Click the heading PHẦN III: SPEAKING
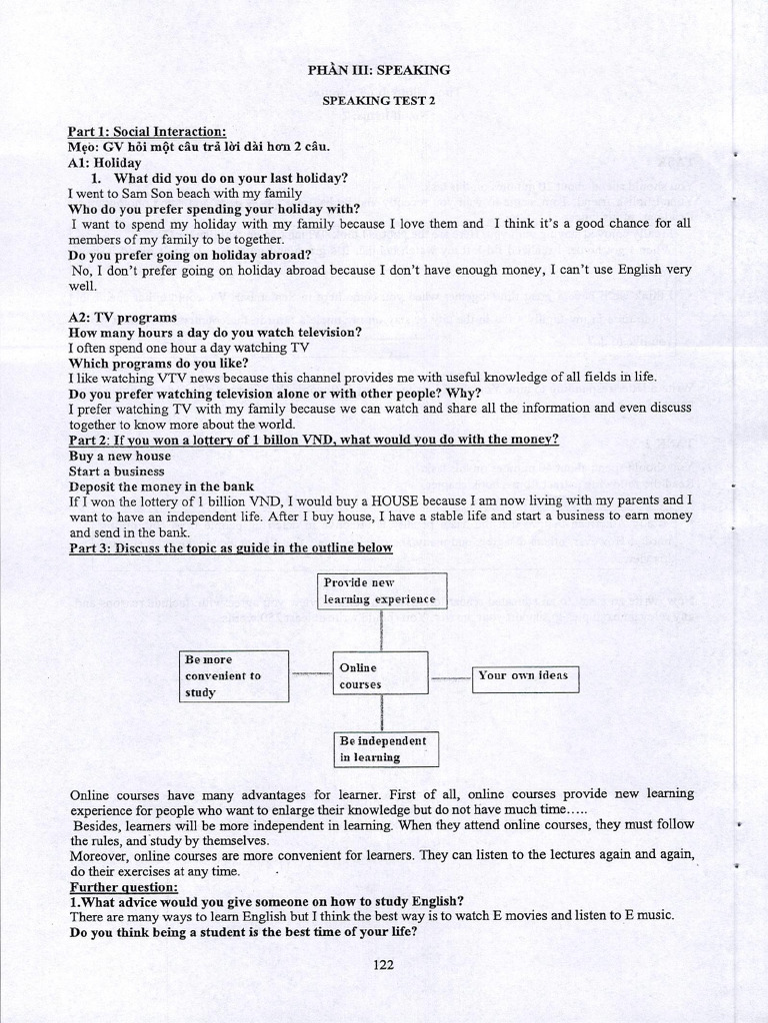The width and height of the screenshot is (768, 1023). point(378,70)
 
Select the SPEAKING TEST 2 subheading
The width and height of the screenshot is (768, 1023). point(378,100)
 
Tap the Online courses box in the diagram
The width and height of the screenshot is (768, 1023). point(379,675)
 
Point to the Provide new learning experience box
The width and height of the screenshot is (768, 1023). point(380,590)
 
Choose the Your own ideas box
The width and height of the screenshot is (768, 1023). point(525,676)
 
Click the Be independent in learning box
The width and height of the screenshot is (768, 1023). point(385,748)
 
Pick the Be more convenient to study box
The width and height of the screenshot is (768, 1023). point(235,675)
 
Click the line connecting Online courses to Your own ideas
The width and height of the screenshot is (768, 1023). point(450,677)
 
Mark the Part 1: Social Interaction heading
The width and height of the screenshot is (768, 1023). point(147,132)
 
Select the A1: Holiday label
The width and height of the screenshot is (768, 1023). point(105,162)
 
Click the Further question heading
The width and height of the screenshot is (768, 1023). point(124,886)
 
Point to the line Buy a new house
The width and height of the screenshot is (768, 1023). point(119,456)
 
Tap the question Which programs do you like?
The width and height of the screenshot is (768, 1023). point(158,363)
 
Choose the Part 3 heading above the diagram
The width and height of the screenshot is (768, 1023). point(230,547)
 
